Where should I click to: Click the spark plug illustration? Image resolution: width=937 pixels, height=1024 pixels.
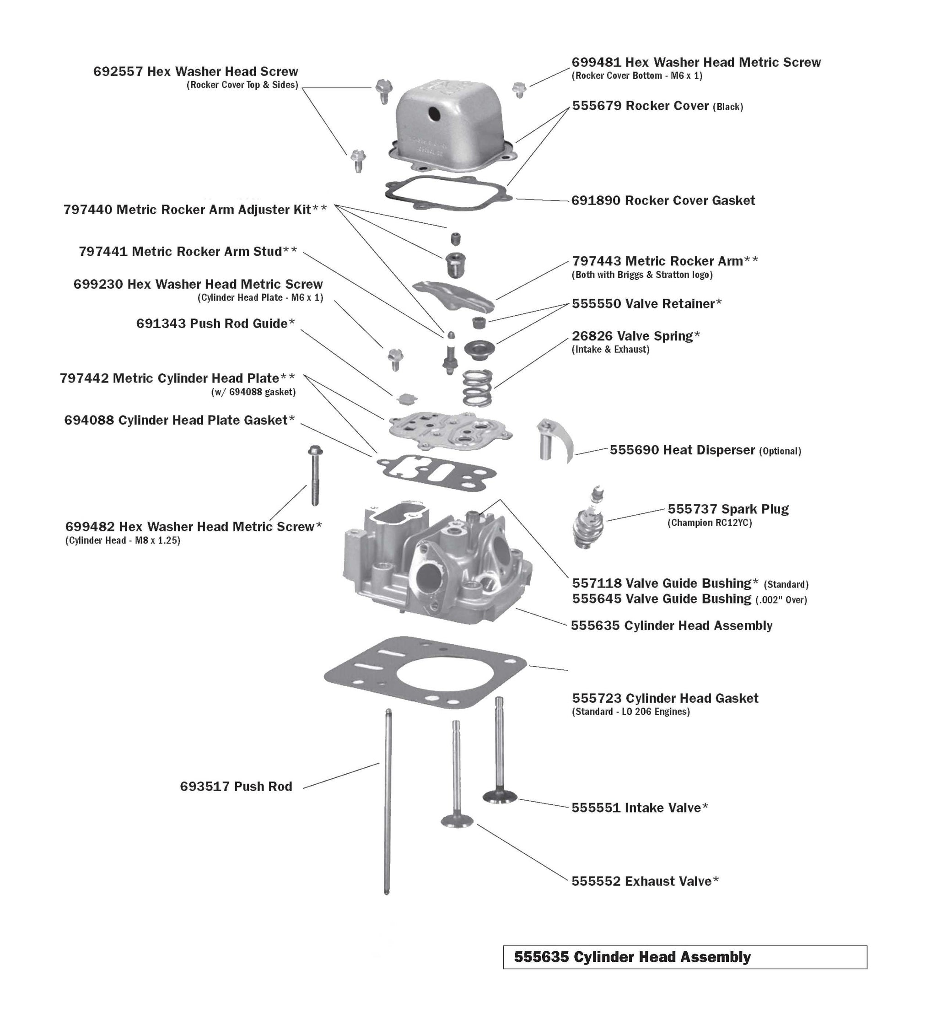pyautogui.click(x=589, y=521)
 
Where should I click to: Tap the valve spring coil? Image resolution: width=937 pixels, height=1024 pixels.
pyautogui.click(x=477, y=388)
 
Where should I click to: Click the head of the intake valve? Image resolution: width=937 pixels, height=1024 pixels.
pyautogui.click(x=500, y=796)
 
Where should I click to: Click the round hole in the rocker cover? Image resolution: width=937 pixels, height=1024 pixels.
pyautogui.click(x=435, y=115)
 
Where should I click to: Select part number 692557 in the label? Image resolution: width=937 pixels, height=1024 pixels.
pyautogui.click(x=118, y=72)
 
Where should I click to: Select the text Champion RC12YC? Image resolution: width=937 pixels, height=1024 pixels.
pyautogui.click(x=710, y=523)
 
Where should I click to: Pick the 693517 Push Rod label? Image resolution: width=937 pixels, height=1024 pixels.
pyautogui.click(x=236, y=787)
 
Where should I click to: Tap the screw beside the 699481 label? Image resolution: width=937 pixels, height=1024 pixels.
pyautogui.click(x=518, y=89)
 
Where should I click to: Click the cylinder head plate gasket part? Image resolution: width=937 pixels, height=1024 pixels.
pyautogui.click(x=437, y=472)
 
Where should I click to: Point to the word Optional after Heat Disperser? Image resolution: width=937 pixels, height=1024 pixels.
pyautogui.click(x=780, y=451)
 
